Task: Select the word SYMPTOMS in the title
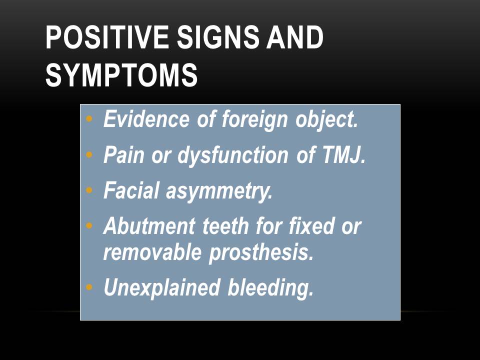coord(121,76)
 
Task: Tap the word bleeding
coord(270,287)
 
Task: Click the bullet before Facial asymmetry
coord(89,191)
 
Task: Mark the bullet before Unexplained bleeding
coord(89,287)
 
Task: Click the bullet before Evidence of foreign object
coord(89,119)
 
